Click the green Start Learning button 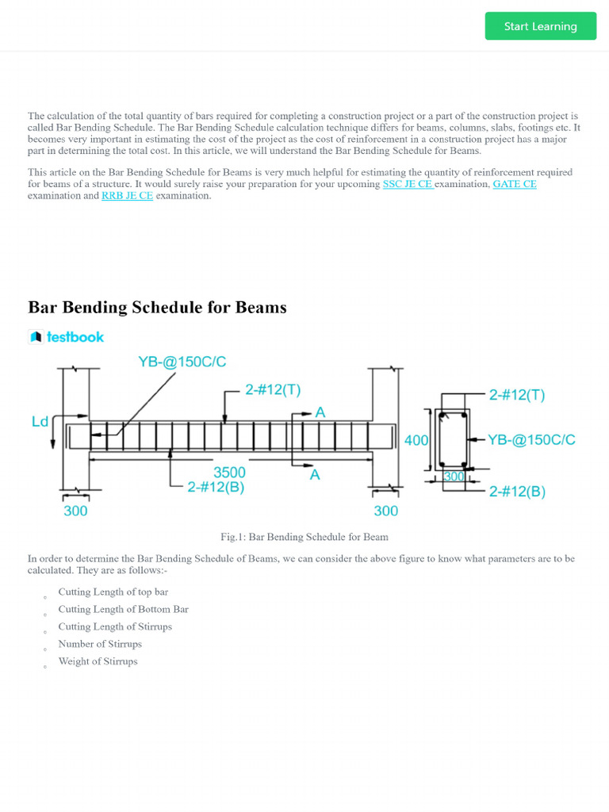(x=540, y=26)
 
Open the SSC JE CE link (x=408, y=184)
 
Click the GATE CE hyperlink (x=515, y=184)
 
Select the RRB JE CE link (x=127, y=196)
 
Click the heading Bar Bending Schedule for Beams (x=157, y=307)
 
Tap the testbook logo (x=66, y=337)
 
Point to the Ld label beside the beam (x=40, y=422)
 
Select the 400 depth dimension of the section (x=416, y=440)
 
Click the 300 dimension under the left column (x=75, y=511)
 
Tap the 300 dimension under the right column (x=385, y=511)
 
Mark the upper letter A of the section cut (x=320, y=412)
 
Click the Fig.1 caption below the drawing (x=304, y=537)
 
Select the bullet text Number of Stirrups (x=100, y=644)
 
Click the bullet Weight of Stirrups (x=98, y=661)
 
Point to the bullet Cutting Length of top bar (x=113, y=592)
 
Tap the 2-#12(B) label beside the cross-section (x=517, y=491)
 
